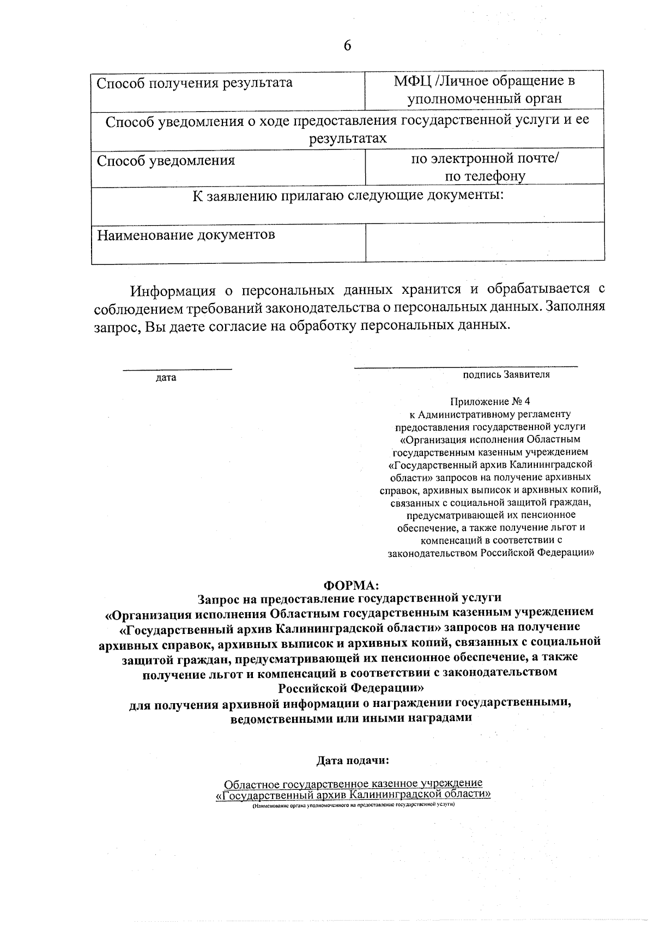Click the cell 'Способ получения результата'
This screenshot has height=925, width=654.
tap(195, 83)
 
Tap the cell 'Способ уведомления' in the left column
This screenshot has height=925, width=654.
tap(166, 161)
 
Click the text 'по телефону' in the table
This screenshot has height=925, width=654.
tap(485, 176)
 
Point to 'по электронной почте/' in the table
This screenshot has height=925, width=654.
tap(485, 159)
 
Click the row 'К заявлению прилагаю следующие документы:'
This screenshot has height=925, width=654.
tap(348, 195)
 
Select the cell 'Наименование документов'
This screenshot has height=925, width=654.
tap(186, 235)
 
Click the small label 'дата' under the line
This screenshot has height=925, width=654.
tap(166, 378)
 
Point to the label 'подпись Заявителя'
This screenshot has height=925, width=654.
tap(506, 375)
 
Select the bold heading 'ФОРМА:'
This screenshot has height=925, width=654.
tap(350, 585)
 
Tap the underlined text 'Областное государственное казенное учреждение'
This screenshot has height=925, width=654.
tap(354, 783)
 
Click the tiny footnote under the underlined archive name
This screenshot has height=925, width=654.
tap(353, 805)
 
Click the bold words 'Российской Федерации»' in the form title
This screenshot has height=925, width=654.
tap(350, 686)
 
